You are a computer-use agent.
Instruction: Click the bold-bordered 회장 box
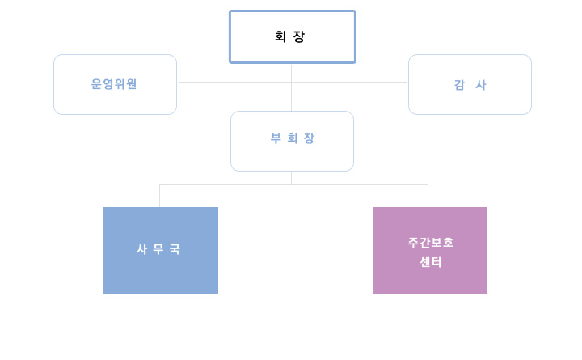click(x=293, y=36)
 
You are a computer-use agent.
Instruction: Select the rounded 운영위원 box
click(x=115, y=84)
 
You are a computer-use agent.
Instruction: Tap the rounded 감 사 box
click(x=470, y=84)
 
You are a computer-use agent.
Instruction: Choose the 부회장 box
click(x=292, y=142)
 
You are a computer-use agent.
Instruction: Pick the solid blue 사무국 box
click(x=161, y=250)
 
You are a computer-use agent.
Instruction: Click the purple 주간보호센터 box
click(x=430, y=250)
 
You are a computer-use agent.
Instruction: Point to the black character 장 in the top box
click(x=299, y=36)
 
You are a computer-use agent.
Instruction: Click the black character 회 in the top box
click(x=280, y=36)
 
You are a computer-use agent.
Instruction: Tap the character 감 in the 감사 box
click(x=459, y=85)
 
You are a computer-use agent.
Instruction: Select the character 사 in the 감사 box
click(x=481, y=85)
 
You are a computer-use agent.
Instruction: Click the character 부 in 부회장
click(x=276, y=138)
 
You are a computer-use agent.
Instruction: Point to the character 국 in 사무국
click(x=175, y=249)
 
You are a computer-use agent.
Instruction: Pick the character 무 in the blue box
click(x=158, y=249)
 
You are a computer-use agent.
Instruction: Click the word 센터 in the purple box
click(x=431, y=262)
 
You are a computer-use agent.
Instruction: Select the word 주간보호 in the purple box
click(x=431, y=242)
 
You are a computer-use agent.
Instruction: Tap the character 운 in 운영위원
click(x=96, y=84)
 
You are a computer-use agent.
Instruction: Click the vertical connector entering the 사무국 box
click(x=159, y=196)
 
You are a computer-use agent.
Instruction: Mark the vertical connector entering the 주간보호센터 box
click(x=428, y=196)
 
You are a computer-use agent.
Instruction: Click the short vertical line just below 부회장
click(x=291, y=178)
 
